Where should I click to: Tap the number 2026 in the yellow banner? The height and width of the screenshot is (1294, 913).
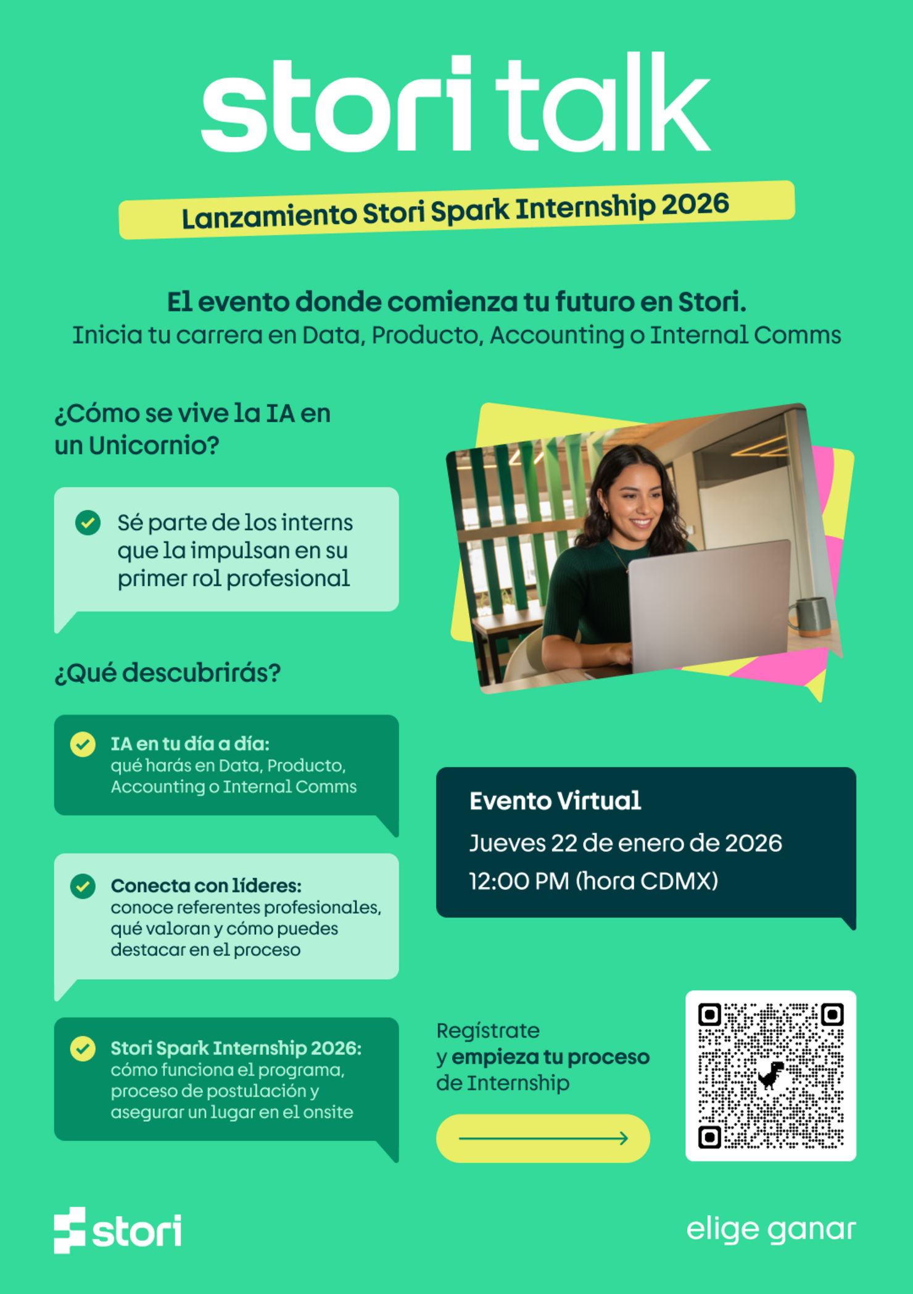point(695,204)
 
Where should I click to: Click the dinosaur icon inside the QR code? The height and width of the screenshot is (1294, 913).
point(770,1076)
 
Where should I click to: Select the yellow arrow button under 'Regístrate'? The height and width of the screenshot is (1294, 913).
point(543,1138)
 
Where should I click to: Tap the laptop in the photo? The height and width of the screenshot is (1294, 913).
point(709,605)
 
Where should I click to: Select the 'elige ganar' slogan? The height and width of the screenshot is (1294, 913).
point(770,1229)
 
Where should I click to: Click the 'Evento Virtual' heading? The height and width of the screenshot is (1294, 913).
point(555,801)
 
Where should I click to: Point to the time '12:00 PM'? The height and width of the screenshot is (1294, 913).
point(519,881)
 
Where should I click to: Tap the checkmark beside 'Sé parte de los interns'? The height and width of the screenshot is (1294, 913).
point(88,523)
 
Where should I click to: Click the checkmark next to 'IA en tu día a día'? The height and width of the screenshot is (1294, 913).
point(83,744)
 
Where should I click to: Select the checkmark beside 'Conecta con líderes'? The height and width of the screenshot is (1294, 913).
point(83,886)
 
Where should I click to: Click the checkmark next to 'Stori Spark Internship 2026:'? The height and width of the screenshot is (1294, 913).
point(83,1048)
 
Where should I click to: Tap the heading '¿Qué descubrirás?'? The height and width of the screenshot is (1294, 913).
point(168,673)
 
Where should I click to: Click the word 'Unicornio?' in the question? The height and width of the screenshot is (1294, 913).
point(154,446)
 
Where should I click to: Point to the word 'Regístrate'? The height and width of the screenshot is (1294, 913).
point(488,1031)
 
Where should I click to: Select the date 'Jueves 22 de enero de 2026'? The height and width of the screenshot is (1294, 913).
point(625,843)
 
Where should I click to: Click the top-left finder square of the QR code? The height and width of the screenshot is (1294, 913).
point(709,1014)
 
